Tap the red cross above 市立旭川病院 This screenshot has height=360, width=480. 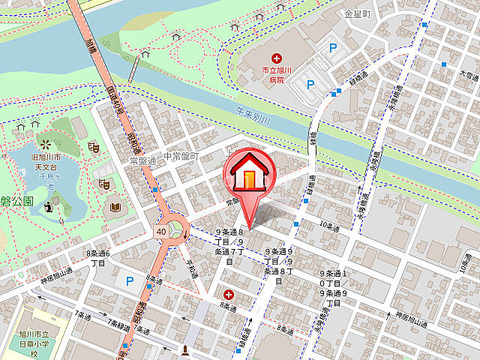[x=277, y=58]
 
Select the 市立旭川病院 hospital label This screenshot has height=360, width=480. [x=275, y=74]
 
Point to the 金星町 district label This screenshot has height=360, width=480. [x=358, y=13]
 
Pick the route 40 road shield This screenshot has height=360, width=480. [x=162, y=232]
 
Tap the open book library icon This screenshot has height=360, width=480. [x=115, y=205]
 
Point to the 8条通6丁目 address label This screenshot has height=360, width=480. [x=98, y=259]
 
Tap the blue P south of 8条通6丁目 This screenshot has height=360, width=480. [x=129, y=281]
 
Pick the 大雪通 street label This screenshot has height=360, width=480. [x=469, y=75]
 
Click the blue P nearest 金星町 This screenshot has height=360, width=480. [x=332, y=48]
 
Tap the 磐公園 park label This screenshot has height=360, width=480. [x=17, y=201]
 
